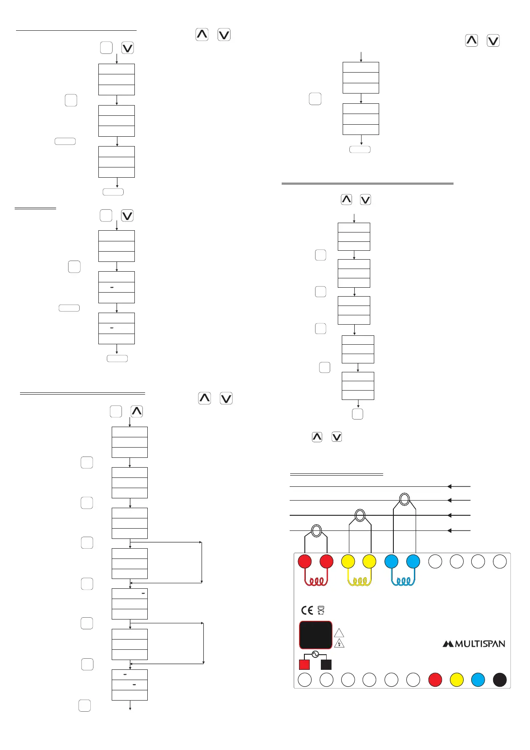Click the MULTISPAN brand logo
(473, 644)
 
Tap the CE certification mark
(307, 610)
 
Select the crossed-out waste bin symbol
(321, 610)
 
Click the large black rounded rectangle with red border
(316, 635)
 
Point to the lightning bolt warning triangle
(339, 643)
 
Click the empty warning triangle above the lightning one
(339, 632)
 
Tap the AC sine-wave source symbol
(315, 654)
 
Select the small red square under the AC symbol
(304, 664)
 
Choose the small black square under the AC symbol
(326, 664)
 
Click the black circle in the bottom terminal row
(500, 680)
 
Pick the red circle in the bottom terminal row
(435, 680)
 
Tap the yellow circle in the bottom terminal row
(457, 680)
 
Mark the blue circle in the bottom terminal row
(478, 680)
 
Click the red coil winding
(316, 582)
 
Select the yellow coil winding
(359, 582)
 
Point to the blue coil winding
(403, 582)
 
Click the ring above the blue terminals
(404, 499)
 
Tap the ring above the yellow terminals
(360, 516)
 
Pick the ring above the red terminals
(316, 530)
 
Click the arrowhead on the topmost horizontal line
(449, 486)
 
